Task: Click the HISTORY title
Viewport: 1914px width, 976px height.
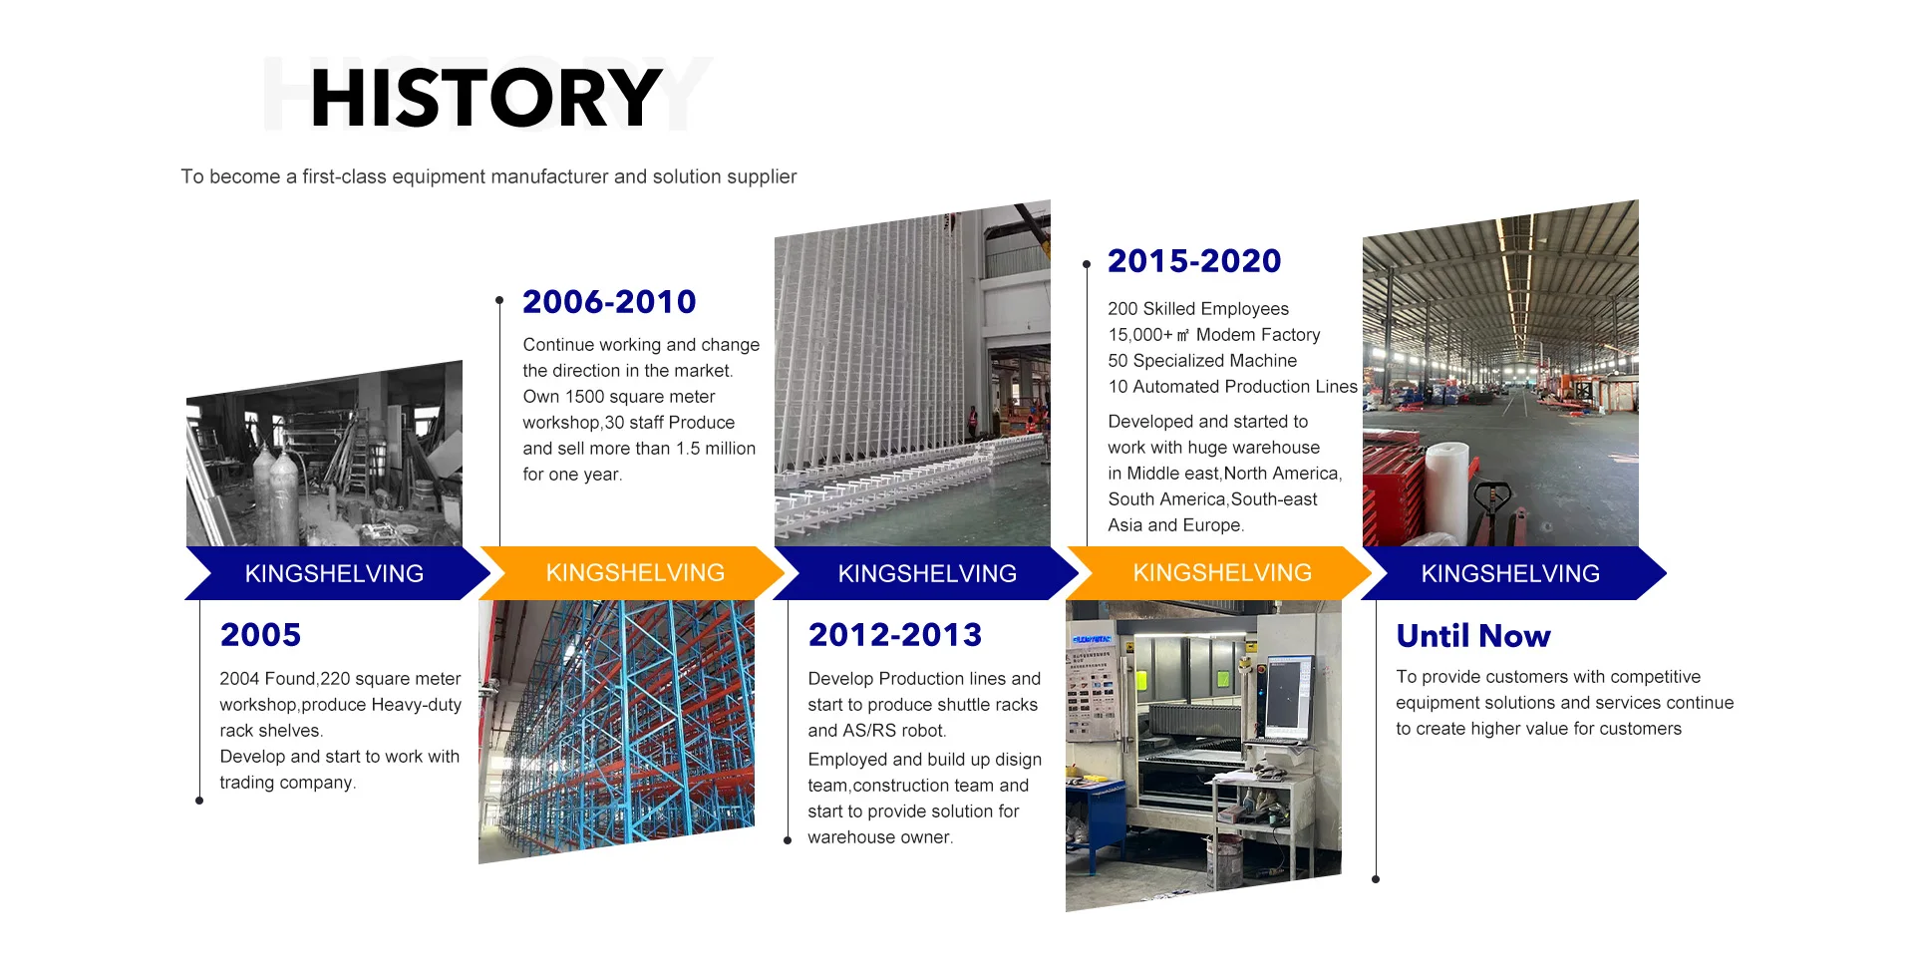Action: pos(486,98)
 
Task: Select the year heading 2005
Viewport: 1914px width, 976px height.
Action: pos(260,635)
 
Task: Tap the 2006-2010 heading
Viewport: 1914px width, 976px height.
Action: pos(609,301)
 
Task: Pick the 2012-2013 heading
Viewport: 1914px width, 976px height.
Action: pos(895,635)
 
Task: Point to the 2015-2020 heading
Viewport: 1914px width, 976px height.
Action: pos(1194,261)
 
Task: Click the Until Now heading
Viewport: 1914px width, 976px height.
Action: pos(1473,636)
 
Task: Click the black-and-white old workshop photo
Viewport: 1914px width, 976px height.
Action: pos(324,454)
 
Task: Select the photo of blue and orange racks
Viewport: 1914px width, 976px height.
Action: pos(616,731)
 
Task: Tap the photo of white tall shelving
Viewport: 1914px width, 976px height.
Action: pos(912,374)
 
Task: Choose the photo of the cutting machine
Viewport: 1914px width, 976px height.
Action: pos(1203,755)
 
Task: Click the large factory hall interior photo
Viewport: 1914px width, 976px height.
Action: pos(1500,374)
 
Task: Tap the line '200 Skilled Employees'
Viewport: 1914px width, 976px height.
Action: pos(1198,309)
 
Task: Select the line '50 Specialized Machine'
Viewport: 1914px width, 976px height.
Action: pos(1202,361)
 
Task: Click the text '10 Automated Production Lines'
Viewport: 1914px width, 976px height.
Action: pos(1232,387)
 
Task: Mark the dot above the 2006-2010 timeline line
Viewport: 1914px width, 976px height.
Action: pos(499,300)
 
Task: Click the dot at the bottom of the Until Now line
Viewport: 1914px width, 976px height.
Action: pos(1376,879)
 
